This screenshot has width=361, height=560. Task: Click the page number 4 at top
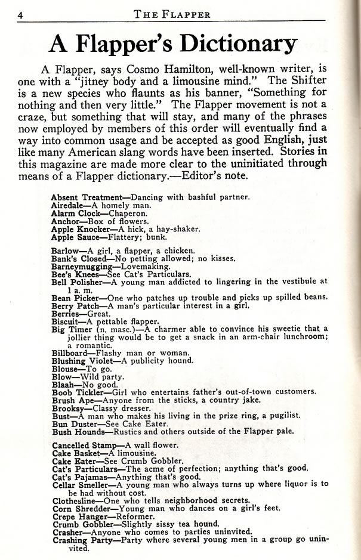click(x=20, y=16)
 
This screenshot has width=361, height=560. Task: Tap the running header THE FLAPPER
click(x=184, y=15)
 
